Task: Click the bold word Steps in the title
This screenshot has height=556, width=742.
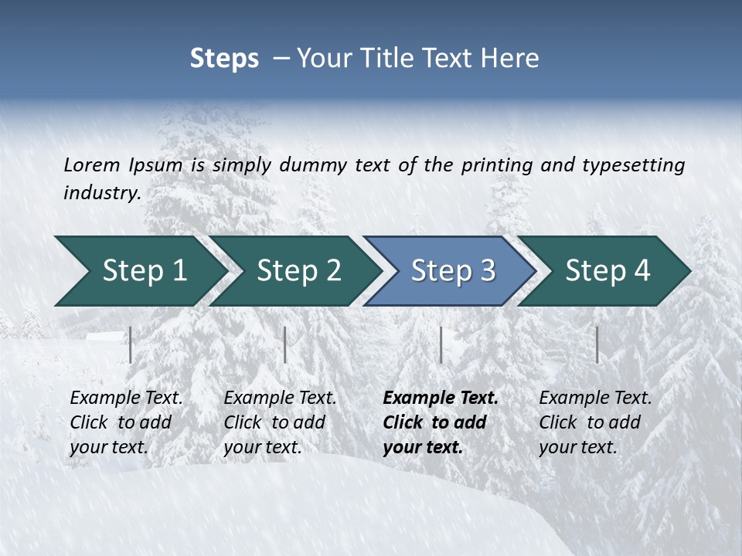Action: [x=224, y=58]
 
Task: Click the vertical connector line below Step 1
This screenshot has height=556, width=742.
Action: [x=131, y=344]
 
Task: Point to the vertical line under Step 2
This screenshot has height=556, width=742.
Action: [x=285, y=344]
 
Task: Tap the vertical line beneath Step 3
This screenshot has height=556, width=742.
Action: [x=441, y=344]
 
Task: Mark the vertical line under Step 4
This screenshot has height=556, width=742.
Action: [x=597, y=344]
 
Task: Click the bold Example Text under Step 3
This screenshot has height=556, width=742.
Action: [x=441, y=398]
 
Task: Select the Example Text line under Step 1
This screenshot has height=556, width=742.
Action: [x=126, y=398]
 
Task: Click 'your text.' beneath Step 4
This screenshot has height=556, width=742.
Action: [x=577, y=447]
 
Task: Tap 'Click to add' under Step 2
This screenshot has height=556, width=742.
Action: [x=274, y=422]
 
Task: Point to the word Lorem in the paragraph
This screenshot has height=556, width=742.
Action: [x=92, y=164]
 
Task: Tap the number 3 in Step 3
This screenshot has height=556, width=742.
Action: [x=487, y=271]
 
